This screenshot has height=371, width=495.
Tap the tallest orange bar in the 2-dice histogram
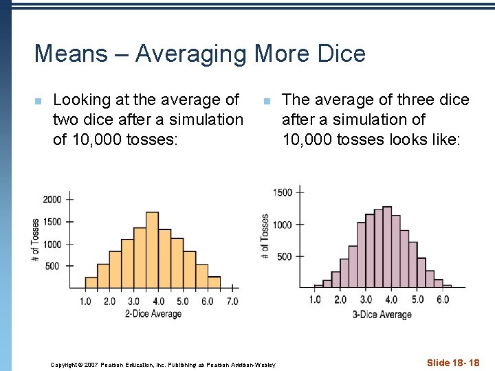153,249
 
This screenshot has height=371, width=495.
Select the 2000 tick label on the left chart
52,199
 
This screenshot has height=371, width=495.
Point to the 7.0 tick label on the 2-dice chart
232,301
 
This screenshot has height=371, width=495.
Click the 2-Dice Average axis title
153,314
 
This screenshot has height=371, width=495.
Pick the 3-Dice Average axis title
382,315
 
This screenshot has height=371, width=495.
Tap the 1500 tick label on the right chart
283,192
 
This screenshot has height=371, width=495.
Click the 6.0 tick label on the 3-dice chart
443,300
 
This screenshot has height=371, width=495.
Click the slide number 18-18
453,363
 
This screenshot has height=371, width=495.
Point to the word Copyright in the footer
65,364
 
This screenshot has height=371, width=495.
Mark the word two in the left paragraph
67,120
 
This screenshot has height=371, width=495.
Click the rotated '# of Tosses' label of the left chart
36,241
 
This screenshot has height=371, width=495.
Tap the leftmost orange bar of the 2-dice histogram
91,282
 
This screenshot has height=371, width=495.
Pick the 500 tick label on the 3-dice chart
285,256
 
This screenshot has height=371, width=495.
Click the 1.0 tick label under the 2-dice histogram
85,301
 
